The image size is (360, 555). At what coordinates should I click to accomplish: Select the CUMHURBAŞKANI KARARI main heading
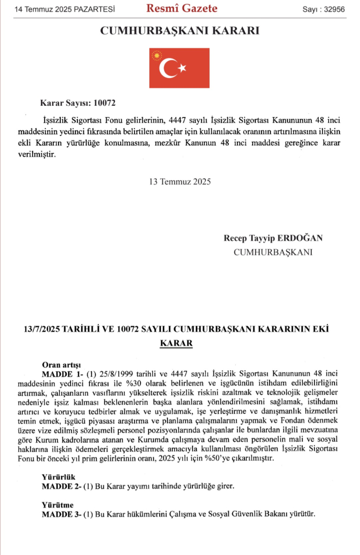[x=179, y=31]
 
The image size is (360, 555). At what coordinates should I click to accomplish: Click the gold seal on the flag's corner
[x=157, y=55]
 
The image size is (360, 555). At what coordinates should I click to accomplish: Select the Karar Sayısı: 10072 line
[x=78, y=103]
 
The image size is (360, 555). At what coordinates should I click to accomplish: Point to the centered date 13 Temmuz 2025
[x=179, y=182]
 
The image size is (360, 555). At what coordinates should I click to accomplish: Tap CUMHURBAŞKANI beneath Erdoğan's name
[x=273, y=252]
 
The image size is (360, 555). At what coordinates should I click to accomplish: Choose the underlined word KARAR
[x=176, y=344]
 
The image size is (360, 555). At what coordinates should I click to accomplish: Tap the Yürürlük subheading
[x=57, y=477]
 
